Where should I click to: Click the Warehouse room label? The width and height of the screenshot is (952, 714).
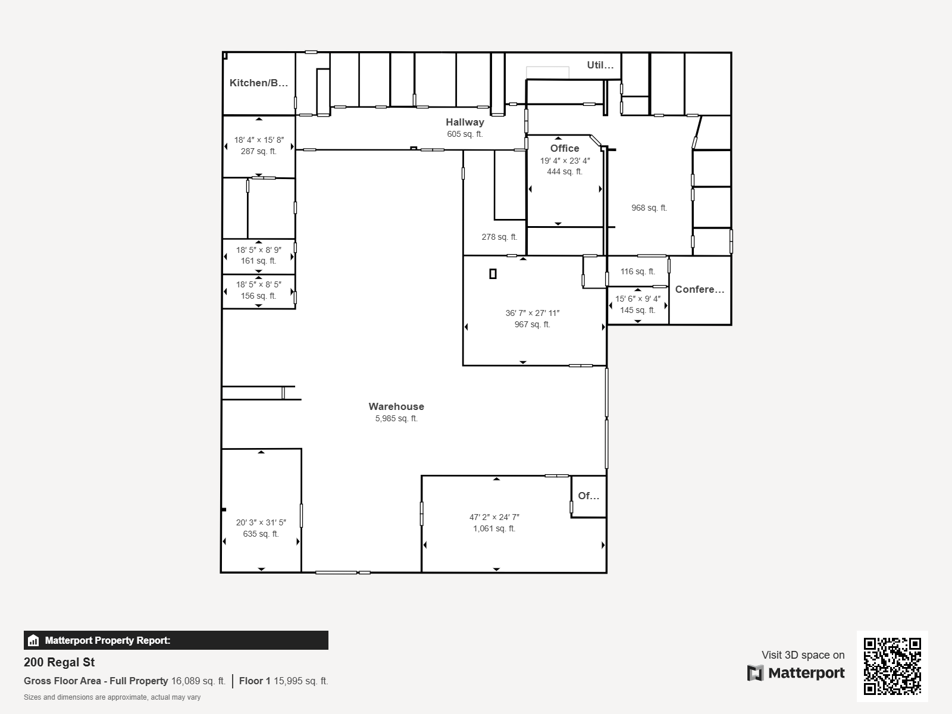click(x=396, y=406)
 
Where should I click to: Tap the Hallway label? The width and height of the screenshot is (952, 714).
click(x=465, y=123)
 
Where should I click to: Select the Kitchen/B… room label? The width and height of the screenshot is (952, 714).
click(x=258, y=83)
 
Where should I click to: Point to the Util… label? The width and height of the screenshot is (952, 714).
click(x=600, y=65)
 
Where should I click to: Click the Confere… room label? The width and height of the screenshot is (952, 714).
click(x=700, y=290)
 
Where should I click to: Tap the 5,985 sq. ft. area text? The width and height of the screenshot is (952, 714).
click(x=396, y=419)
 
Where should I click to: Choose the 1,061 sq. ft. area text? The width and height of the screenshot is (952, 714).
click(x=494, y=529)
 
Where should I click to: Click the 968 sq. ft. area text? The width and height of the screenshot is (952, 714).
click(x=649, y=208)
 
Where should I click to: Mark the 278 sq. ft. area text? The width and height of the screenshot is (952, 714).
click(x=499, y=237)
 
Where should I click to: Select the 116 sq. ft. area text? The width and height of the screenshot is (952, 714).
click(x=638, y=272)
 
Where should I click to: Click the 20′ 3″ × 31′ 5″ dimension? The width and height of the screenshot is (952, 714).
click(x=261, y=523)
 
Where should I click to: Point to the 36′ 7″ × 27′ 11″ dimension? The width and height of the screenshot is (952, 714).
click(x=532, y=313)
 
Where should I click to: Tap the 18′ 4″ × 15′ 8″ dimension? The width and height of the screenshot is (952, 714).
click(x=259, y=140)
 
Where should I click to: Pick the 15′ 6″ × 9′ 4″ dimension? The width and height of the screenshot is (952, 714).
click(x=638, y=299)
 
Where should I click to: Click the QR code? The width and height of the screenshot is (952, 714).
click(x=892, y=666)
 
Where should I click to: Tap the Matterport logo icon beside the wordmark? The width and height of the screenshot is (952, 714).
click(x=755, y=673)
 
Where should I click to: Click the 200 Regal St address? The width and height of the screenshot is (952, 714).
click(x=59, y=662)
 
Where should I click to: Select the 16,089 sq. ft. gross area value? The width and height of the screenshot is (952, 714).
click(x=198, y=681)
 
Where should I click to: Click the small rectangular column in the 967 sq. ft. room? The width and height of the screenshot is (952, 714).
click(x=493, y=274)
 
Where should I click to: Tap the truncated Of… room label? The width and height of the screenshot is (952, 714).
click(x=588, y=496)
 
